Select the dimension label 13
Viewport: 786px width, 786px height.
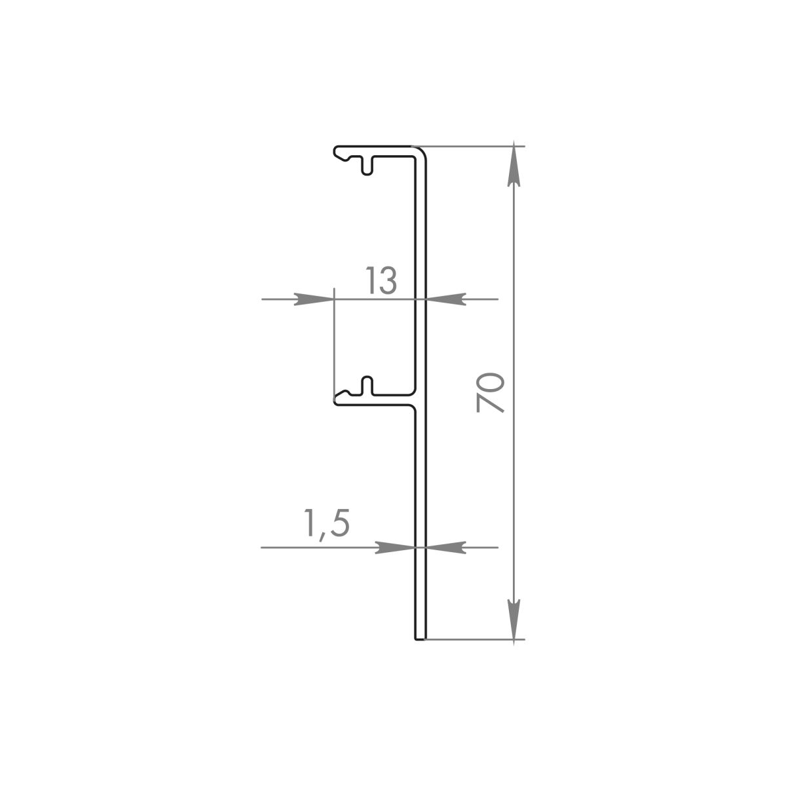(381, 280)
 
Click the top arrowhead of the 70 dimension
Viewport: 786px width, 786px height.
(514, 166)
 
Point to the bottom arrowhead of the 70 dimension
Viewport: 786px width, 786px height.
(514, 620)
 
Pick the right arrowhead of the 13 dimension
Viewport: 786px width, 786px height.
(446, 299)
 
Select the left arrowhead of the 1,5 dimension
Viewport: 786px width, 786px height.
(395, 548)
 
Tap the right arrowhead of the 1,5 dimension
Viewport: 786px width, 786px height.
(446, 548)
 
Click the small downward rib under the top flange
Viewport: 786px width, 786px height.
(367, 165)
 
